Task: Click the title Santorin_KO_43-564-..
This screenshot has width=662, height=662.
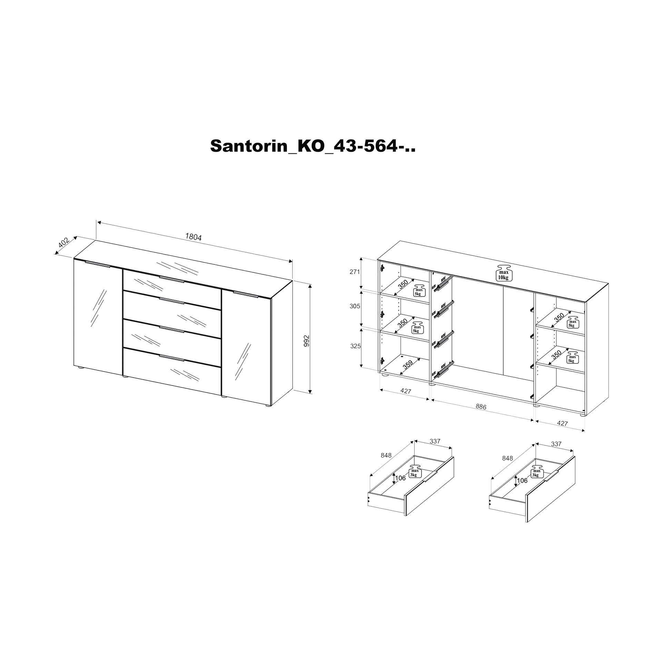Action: [313, 147]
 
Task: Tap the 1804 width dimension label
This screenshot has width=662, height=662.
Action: [193, 237]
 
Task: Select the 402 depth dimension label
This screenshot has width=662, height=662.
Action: [64, 242]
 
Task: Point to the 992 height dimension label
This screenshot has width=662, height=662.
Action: [307, 341]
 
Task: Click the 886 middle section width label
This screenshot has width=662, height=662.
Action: [481, 407]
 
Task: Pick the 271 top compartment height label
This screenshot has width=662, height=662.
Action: [355, 272]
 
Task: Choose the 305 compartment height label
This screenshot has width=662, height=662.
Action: [355, 306]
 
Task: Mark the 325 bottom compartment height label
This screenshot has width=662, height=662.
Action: [355, 346]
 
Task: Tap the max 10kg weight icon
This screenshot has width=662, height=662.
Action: [503, 273]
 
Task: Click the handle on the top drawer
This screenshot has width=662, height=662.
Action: [172, 279]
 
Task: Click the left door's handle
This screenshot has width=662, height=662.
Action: [98, 264]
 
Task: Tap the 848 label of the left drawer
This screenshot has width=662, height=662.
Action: [386, 455]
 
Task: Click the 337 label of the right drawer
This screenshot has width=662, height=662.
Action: [556, 444]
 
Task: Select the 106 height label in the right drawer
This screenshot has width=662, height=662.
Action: [522, 480]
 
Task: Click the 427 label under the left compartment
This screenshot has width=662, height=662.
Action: [406, 391]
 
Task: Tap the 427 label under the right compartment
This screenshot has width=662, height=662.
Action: [562, 423]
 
